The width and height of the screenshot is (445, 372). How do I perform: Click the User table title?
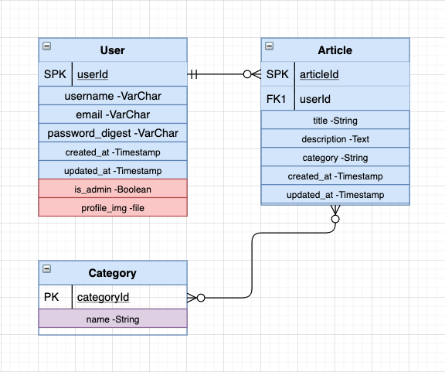[x=112, y=50]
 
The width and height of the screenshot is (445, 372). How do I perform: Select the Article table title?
[x=335, y=50]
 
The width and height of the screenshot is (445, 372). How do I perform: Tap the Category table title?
[x=112, y=273]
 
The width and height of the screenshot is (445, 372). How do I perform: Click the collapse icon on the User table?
[x=46, y=46]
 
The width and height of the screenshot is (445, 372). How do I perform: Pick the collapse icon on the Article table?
[x=269, y=46]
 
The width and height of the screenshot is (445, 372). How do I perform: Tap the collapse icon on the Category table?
[x=46, y=269]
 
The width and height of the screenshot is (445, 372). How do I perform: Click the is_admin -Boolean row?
[x=112, y=189]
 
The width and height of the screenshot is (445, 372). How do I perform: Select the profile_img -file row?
[x=112, y=207]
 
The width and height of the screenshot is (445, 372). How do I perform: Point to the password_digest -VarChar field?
[x=112, y=133]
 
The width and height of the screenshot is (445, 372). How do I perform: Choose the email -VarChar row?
[x=112, y=114]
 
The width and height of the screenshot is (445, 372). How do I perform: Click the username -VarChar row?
[x=112, y=96]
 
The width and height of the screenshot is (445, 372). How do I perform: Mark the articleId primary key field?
[x=318, y=74]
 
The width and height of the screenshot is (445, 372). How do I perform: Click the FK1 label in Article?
[x=277, y=99]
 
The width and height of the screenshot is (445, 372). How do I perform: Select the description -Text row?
[x=335, y=139]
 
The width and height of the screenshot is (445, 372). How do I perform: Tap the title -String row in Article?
[x=335, y=121]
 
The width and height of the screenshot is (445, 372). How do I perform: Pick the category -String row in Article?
[x=335, y=158]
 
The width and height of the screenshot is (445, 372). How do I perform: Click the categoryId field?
[x=103, y=297]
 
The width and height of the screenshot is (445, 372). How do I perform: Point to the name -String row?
[x=112, y=319]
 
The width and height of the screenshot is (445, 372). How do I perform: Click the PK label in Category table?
[x=52, y=297]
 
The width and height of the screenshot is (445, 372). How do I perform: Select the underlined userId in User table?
[x=93, y=74]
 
